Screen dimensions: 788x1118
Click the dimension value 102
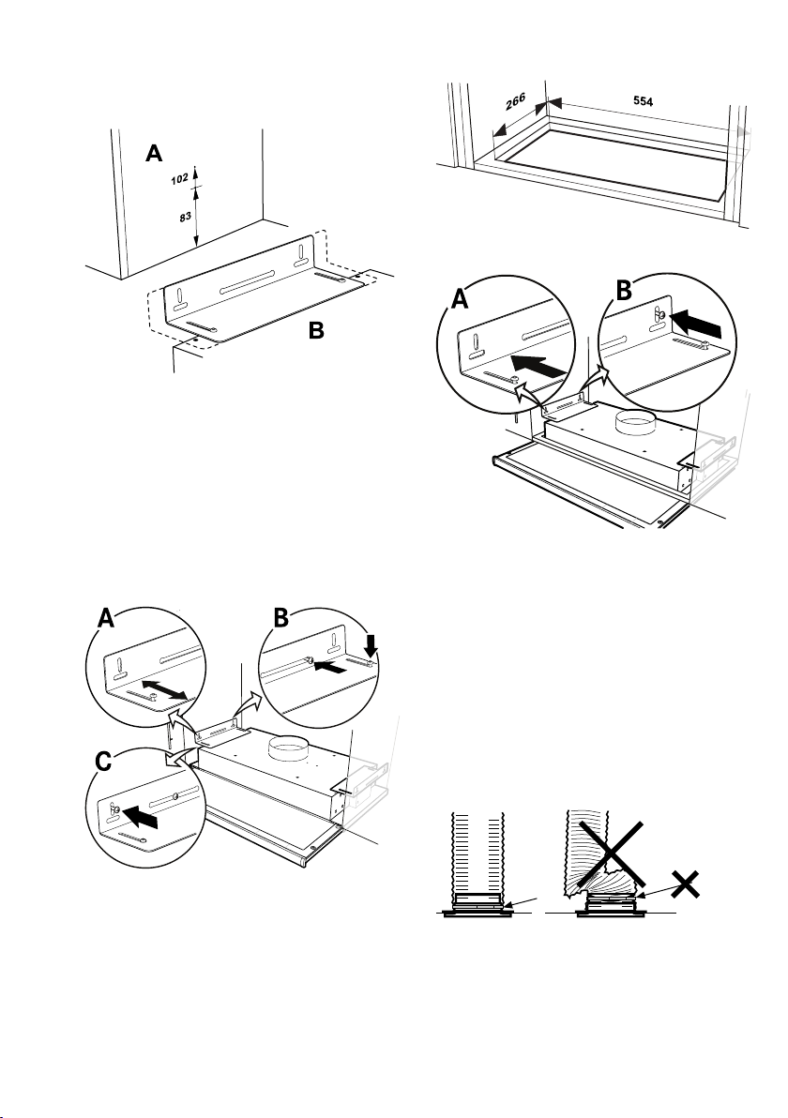point(179,178)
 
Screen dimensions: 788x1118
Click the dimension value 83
point(186,216)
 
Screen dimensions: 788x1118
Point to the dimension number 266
point(516,102)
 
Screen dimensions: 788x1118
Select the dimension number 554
point(644,101)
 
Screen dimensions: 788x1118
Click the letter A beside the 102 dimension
point(154,153)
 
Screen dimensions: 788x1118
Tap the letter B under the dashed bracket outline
point(317,331)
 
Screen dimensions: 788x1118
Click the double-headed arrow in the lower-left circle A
point(165,689)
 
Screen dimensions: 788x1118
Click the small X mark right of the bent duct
point(686,884)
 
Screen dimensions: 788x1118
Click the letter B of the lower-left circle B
point(280,617)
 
